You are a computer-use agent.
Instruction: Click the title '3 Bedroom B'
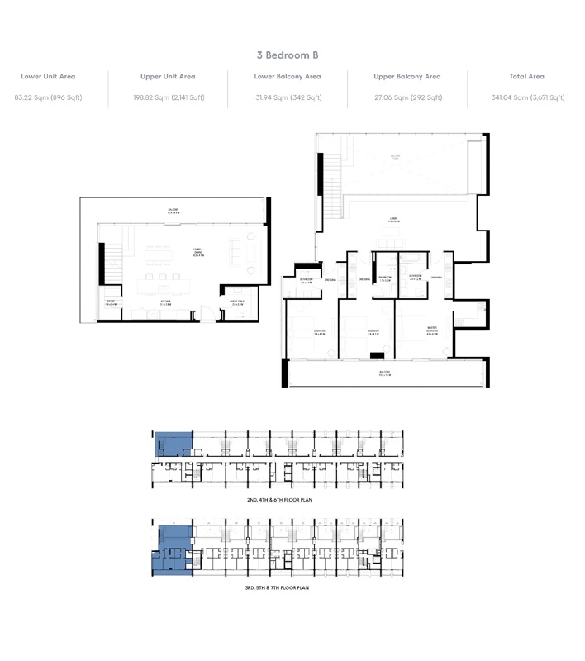click(288, 55)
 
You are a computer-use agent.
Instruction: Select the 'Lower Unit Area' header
click(48, 77)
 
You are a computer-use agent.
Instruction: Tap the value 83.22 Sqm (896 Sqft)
click(48, 97)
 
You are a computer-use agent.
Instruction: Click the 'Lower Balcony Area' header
click(288, 77)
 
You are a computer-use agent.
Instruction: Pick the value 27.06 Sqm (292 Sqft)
click(407, 97)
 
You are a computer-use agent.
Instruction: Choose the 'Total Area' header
click(527, 77)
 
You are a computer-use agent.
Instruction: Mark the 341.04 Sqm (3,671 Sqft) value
click(527, 97)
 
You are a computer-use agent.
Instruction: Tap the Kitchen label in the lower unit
click(164, 302)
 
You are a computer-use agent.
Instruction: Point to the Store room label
click(112, 302)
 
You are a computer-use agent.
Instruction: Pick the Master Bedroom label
click(432, 331)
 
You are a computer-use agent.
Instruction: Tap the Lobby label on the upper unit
click(394, 221)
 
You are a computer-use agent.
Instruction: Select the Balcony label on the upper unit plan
click(384, 373)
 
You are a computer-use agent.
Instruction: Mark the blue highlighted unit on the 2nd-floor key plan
click(173, 445)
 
